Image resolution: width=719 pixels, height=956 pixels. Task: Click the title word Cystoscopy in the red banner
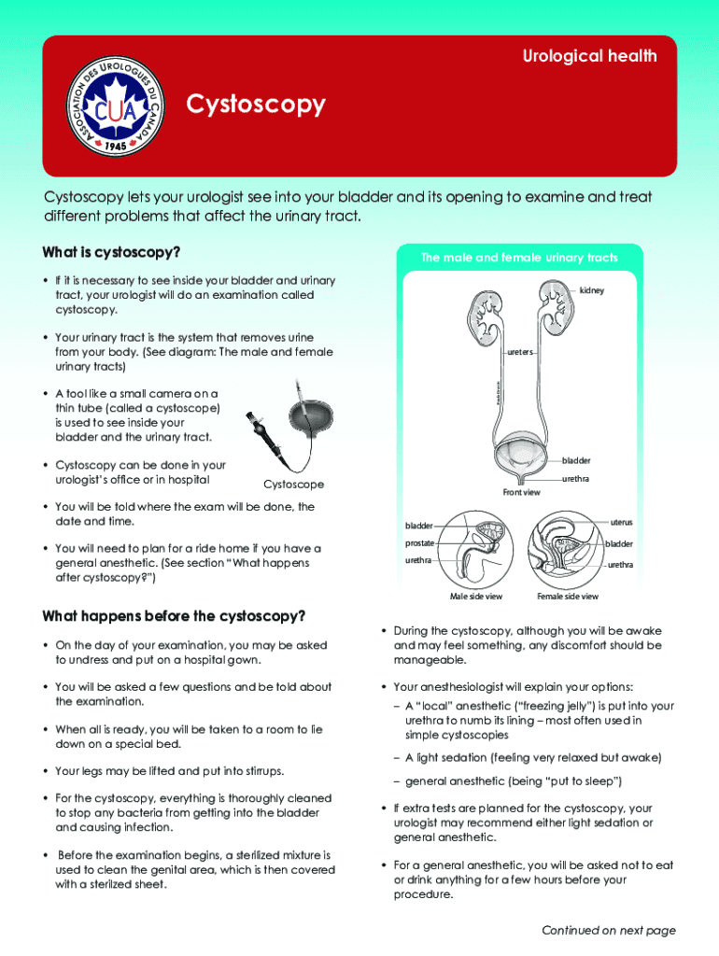tap(257, 105)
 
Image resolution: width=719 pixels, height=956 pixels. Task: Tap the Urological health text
tap(588, 56)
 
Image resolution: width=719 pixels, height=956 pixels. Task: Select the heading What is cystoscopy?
tap(111, 253)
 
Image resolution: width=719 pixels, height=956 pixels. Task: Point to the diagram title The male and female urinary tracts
tap(518, 258)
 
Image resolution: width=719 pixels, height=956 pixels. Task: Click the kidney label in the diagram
tap(592, 290)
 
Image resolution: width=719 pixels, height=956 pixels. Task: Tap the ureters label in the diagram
tap(520, 353)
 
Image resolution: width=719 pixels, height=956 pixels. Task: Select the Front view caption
tap(521, 492)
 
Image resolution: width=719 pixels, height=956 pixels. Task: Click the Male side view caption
tap(475, 597)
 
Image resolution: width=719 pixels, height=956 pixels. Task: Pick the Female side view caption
tap(568, 597)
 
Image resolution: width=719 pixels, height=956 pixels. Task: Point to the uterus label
tap(621, 522)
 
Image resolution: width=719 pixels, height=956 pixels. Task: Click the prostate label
tap(419, 543)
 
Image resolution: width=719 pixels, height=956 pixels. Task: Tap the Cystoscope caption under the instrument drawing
tap(294, 485)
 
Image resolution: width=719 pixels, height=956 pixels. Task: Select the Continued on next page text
tap(608, 930)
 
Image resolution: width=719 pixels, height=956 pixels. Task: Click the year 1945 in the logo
tap(116, 146)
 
